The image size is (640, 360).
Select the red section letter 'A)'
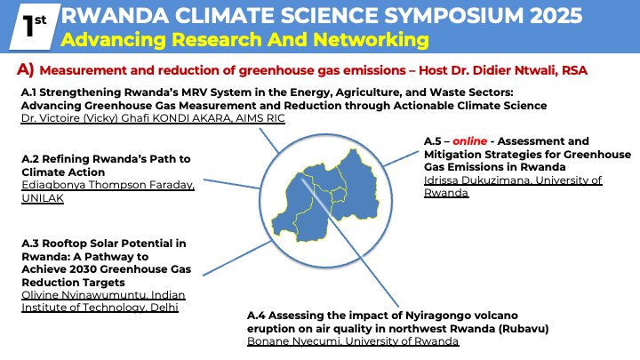tap(25, 70)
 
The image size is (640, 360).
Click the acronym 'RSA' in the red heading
tap(574, 70)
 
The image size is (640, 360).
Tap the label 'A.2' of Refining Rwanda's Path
tap(30, 159)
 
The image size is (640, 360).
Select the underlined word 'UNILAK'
tap(43, 198)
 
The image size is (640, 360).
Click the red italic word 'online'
tap(470, 141)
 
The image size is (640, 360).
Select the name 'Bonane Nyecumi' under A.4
tap(293, 341)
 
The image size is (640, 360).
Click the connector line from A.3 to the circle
tap(237, 258)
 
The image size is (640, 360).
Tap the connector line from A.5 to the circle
tap(401, 159)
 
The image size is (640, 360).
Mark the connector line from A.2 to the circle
tap(231, 184)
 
